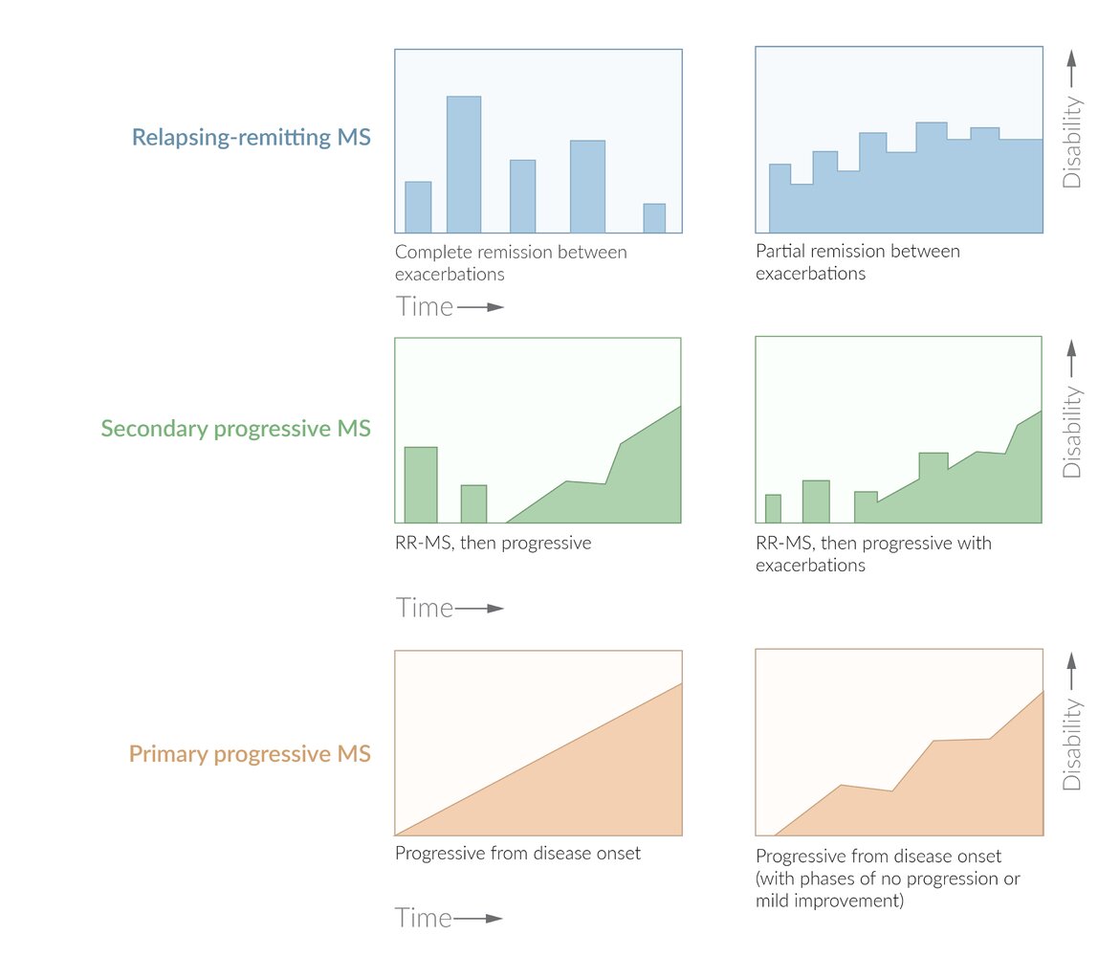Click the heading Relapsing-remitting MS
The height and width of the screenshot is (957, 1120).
point(251,137)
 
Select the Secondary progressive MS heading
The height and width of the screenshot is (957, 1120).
point(235,428)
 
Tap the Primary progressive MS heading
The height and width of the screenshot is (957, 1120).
point(250,754)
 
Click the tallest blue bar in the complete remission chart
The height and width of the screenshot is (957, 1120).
point(464,164)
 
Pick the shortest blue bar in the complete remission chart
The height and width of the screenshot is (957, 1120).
point(654,218)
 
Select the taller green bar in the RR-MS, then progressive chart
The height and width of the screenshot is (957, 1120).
point(421,484)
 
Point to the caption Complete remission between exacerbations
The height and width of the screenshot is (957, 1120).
point(511,262)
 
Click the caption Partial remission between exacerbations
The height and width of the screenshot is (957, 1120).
point(857,261)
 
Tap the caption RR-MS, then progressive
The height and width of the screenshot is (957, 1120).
point(493,543)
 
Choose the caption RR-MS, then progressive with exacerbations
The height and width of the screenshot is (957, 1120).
point(873,553)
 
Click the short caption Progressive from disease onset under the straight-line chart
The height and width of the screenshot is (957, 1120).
point(517,853)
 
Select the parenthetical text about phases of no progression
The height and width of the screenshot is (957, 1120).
point(888,889)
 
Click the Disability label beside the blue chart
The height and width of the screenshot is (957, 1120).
point(1072,145)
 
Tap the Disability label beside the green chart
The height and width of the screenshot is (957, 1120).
point(1072,432)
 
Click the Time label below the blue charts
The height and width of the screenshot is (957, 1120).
point(425,306)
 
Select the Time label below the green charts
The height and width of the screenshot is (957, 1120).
point(425,608)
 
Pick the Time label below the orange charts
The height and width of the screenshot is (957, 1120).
point(425,918)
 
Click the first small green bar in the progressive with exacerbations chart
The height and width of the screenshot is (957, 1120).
point(773,508)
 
